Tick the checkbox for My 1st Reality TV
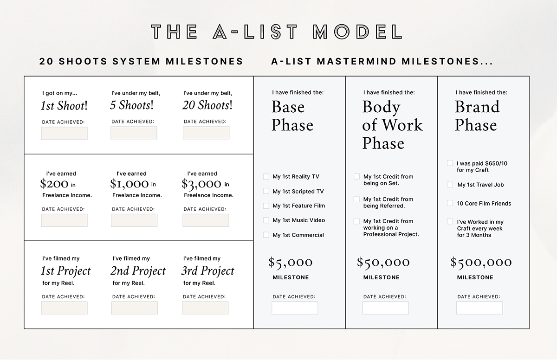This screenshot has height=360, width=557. coord(266,177)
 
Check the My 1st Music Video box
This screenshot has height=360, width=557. coord(266,220)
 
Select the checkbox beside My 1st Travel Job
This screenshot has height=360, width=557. coord(450,185)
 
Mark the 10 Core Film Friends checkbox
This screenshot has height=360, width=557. coord(450,203)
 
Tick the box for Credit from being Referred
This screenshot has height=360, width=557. coord(356,199)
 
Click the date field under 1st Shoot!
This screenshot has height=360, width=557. coord(64,133)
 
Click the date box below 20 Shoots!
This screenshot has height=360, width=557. coord(206,133)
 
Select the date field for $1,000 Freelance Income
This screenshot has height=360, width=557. coord(134,220)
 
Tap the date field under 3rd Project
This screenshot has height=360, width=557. coord(205,308)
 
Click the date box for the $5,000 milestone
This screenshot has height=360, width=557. coord(295,308)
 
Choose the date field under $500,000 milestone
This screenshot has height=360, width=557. coord(479,308)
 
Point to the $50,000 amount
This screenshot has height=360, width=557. coord(383,263)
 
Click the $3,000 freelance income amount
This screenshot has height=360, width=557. coord(201,184)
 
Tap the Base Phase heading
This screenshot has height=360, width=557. coord(292,116)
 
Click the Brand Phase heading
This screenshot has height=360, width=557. coord(477,116)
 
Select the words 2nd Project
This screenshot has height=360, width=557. coord(138,271)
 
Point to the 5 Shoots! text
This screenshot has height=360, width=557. coord(132,105)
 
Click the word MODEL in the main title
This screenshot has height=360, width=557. coord(357,32)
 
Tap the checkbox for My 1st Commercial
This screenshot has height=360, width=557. coord(266,235)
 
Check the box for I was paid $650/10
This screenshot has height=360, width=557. coord(450,163)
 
